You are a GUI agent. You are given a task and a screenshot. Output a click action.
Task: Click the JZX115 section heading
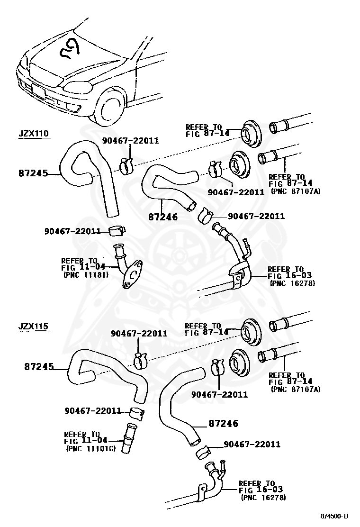[x=34, y=327]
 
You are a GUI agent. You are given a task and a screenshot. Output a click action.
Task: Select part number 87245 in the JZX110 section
[x=33, y=173]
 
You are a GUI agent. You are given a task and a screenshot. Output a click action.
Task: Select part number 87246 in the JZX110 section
[x=162, y=217]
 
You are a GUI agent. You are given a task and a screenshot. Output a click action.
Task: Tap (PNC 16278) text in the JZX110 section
[x=292, y=283]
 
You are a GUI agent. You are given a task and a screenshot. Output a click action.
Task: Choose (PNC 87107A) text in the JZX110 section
[x=296, y=191]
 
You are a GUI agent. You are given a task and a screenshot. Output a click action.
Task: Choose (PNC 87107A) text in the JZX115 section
[x=296, y=389]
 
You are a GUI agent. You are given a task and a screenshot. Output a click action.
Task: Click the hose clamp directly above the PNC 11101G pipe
[x=136, y=411]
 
